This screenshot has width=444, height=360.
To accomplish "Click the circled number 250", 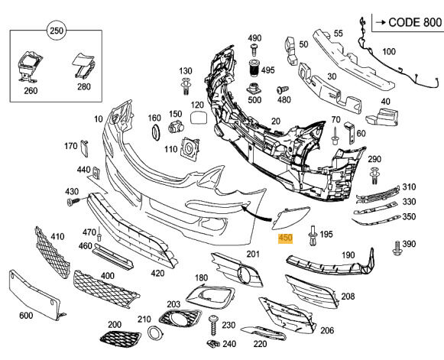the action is tap(57, 31).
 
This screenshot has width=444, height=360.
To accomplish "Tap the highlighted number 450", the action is tap(286, 238).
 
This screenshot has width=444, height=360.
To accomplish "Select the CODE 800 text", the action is tap(415, 22).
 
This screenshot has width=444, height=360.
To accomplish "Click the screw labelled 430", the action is tap(73, 202).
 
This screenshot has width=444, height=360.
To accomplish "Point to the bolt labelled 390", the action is tap(397, 248).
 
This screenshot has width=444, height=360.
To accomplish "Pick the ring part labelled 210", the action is tap(154, 332).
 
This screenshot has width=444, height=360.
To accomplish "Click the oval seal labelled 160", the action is tap(156, 132).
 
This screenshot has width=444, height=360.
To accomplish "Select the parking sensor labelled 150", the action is tap(176, 127).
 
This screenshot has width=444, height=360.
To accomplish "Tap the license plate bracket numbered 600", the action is tap(35, 294).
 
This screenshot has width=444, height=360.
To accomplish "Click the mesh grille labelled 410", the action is tap(52, 251).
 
